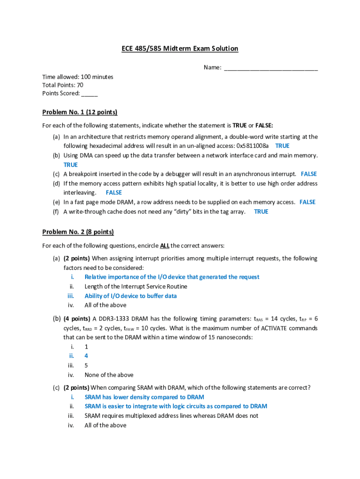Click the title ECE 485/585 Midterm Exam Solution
(180, 49)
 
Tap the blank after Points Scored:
(89, 94)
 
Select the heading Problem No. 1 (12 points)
(79, 112)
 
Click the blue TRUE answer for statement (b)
(71, 165)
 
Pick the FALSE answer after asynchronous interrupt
(309, 174)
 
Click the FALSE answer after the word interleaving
(114, 193)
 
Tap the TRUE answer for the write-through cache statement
(261, 211)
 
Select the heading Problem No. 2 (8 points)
(78, 232)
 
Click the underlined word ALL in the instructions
(165, 246)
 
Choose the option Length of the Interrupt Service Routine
(136, 286)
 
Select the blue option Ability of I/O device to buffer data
(130, 296)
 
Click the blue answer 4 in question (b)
(86, 356)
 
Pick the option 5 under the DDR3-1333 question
(86, 365)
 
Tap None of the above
(109, 375)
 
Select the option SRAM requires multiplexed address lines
(171, 416)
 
